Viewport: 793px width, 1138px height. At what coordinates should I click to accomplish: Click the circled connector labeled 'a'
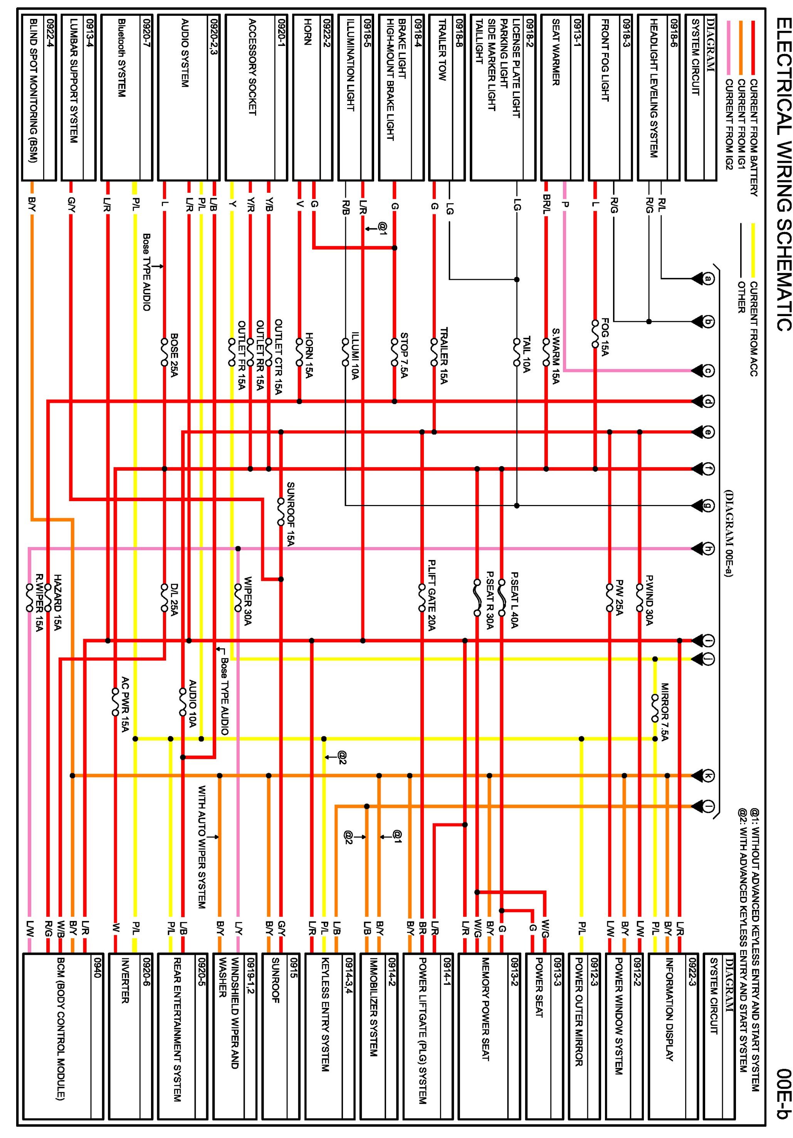[709, 279]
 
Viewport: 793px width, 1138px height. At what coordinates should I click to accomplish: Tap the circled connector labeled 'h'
[709, 549]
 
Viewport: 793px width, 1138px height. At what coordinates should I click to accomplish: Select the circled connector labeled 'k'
[709, 775]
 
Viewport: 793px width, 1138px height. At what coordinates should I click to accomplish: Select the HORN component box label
[307, 32]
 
